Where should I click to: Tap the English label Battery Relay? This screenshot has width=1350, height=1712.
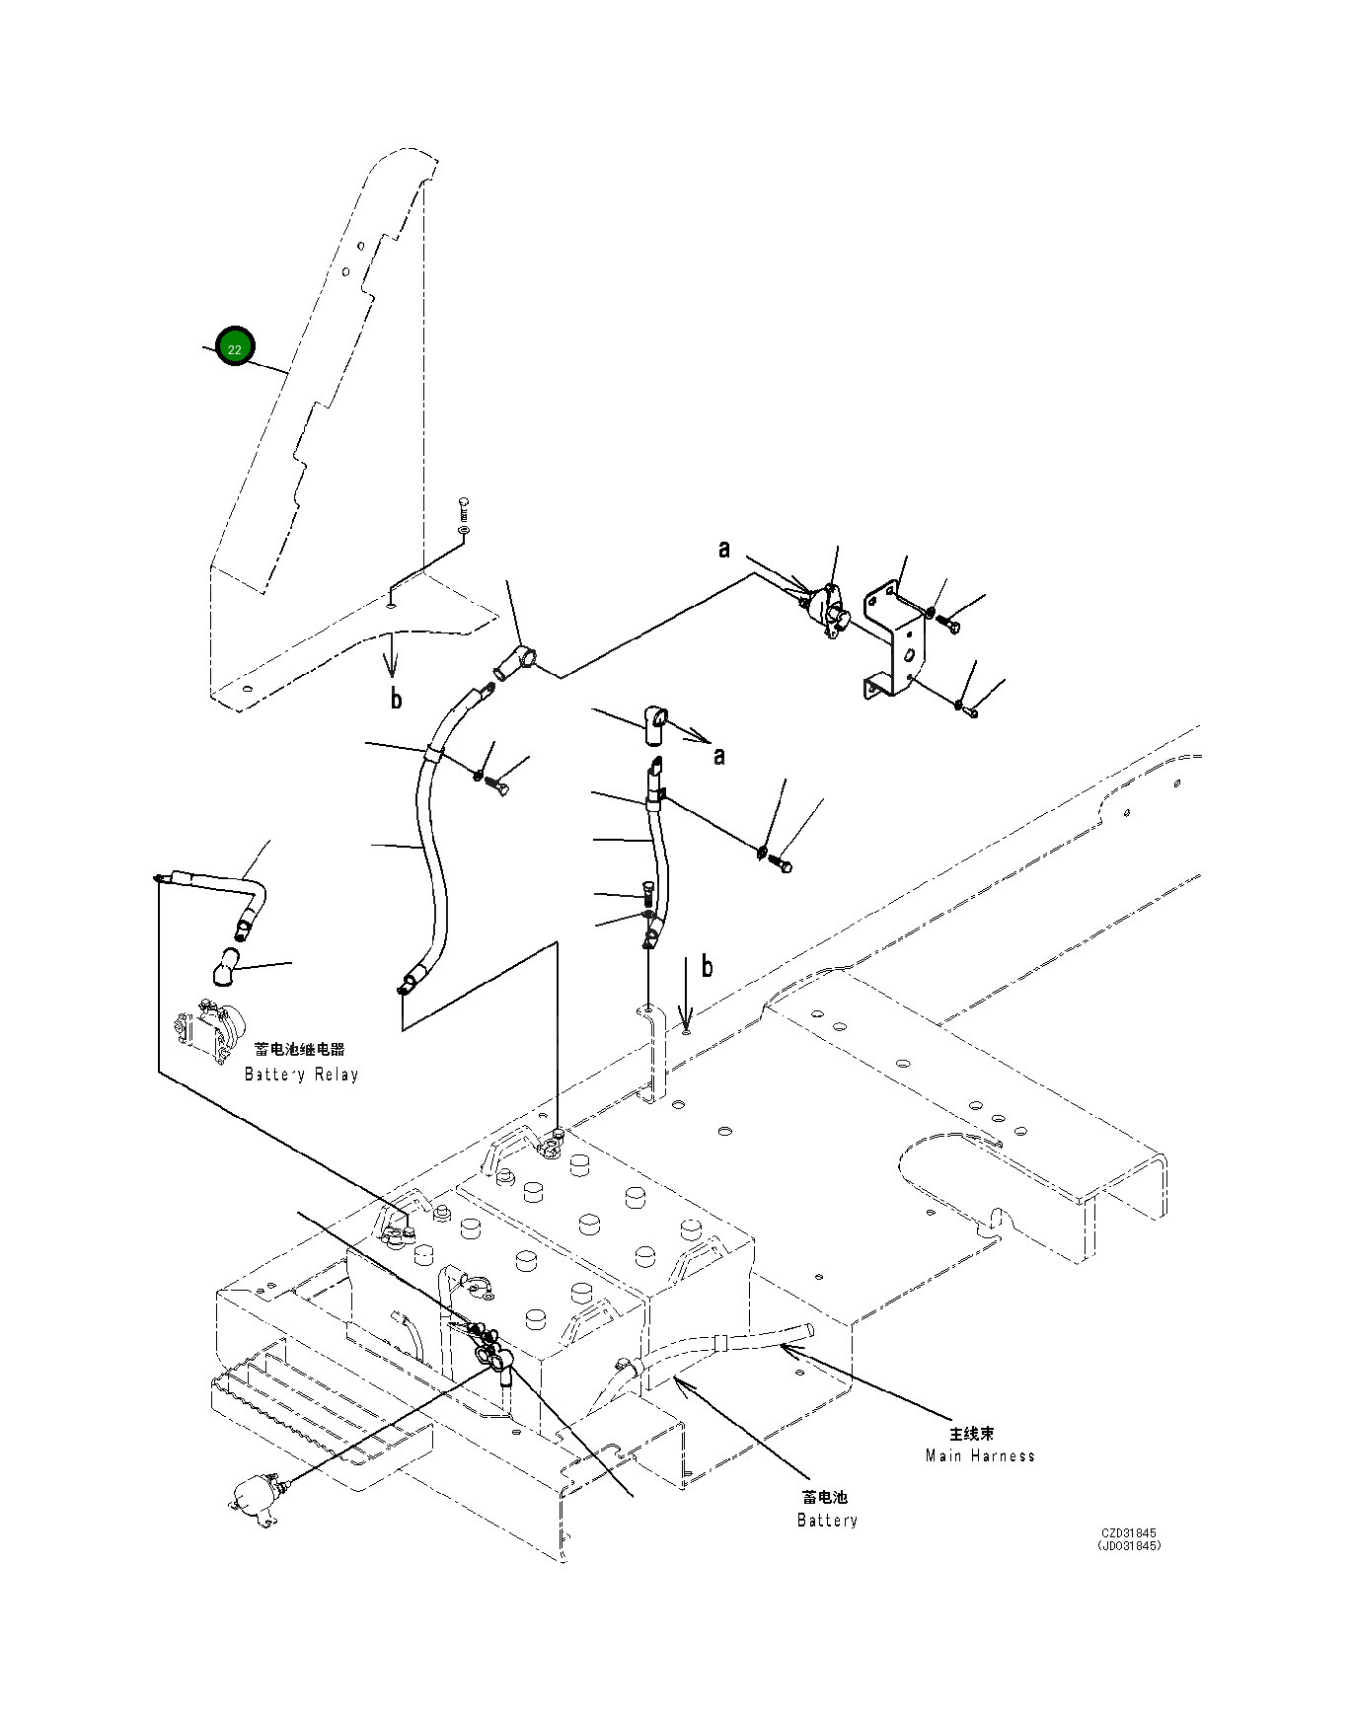pyautogui.click(x=302, y=1075)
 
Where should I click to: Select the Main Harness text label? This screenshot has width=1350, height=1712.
pyautogui.click(x=980, y=1455)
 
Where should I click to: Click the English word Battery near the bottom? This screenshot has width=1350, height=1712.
pyautogui.click(x=827, y=1521)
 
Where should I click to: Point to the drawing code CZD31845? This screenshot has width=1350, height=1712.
pyautogui.click(x=1129, y=1533)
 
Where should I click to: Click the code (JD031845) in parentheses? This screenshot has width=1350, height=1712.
pyautogui.click(x=1129, y=1546)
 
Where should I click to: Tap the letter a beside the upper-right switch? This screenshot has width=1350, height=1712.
pyautogui.click(x=724, y=550)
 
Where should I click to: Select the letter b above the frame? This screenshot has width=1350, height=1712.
pyautogui.click(x=707, y=966)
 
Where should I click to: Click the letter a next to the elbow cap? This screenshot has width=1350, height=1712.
pyautogui.click(x=719, y=756)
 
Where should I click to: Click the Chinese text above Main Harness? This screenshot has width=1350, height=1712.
pyautogui.click(x=972, y=1434)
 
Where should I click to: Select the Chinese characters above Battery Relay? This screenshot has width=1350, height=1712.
pyautogui.click(x=300, y=1050)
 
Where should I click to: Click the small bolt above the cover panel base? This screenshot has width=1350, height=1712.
pyautogui.click(x=465, y=510)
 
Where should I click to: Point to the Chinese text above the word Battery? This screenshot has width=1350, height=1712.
pyautogui.click(x=825, y=1498)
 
